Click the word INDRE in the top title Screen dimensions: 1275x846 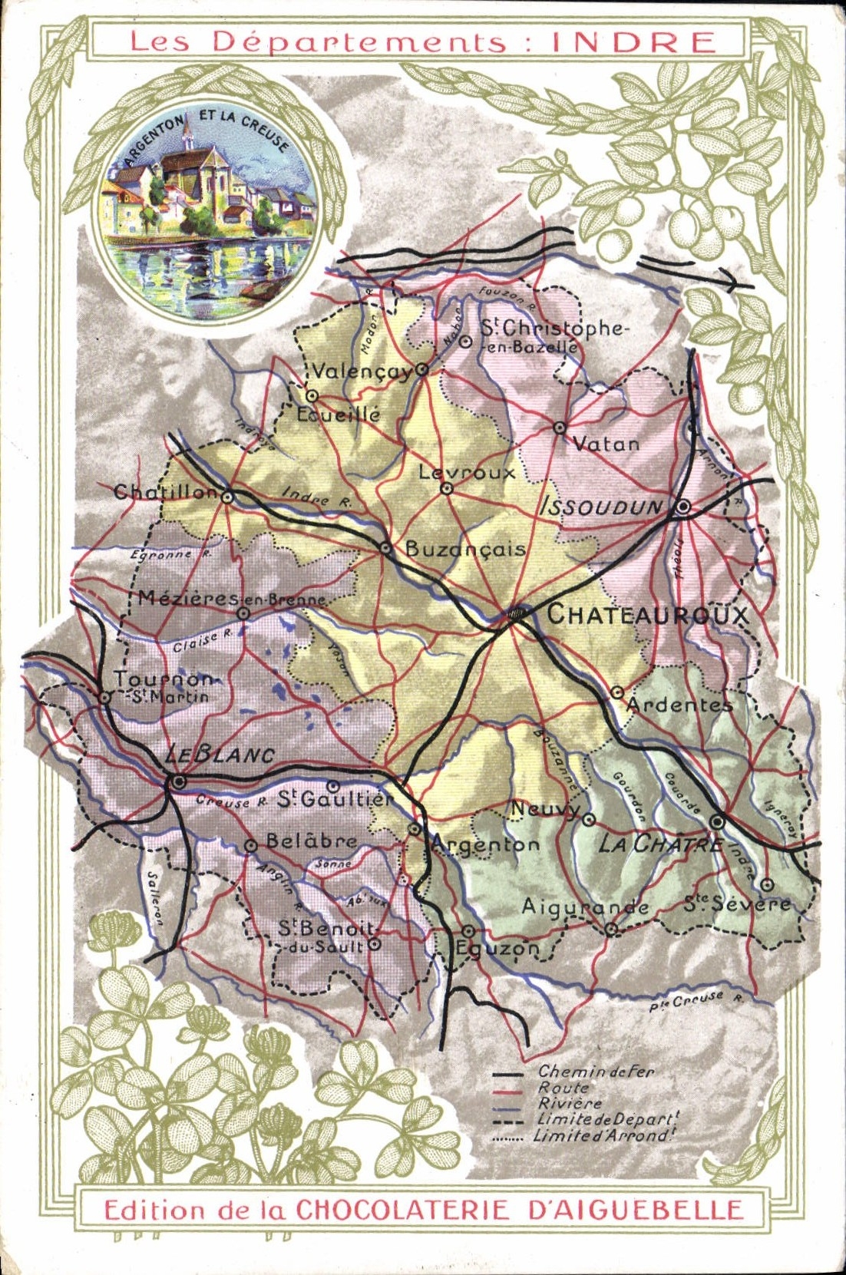(x=633, y=41)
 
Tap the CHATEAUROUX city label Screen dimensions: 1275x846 (x=646, y=615)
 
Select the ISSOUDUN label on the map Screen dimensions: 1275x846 (x=602, y=507)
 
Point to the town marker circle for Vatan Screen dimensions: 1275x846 (x=560, y=428)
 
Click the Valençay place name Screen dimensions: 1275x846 (x=362, y=372)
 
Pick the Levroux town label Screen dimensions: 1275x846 (x=467, y=472)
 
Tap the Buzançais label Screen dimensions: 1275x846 (x=465, y=549)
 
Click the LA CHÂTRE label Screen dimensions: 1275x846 (x=659, y=844)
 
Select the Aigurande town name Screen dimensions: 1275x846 (x=585, y=907)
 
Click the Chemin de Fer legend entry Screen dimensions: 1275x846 (x=596, y=1072)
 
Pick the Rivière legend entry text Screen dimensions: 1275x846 (x=570, y=1103)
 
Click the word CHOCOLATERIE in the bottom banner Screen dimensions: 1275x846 (x=403, y=1210)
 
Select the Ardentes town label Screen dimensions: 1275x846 (x=679, y=704)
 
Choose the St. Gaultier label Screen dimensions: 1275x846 (x=334, y=800)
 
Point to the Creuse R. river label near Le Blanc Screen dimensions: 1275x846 (x=231, y=801)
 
